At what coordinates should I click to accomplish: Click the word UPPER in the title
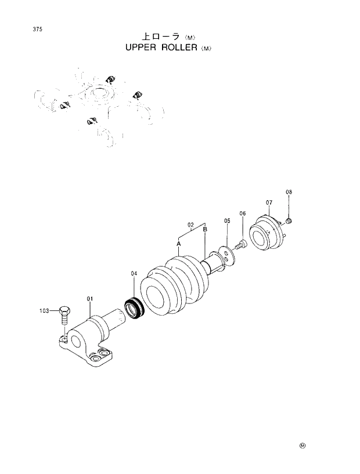(142, 49)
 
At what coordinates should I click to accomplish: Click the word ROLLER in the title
(180, 49)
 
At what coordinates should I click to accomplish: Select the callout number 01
(90, 298)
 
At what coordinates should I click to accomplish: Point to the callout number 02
(190, 224)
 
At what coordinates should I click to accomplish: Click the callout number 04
(134, 273)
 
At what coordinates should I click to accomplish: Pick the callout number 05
(227, 220)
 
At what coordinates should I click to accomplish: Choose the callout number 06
(243, 213)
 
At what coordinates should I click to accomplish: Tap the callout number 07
(269, 202)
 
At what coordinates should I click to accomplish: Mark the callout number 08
(289, 192)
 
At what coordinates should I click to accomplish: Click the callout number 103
(45, 311)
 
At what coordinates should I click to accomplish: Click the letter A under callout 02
(179, 244)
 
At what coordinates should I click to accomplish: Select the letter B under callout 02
(205, 230)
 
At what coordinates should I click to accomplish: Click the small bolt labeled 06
(242, 246)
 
